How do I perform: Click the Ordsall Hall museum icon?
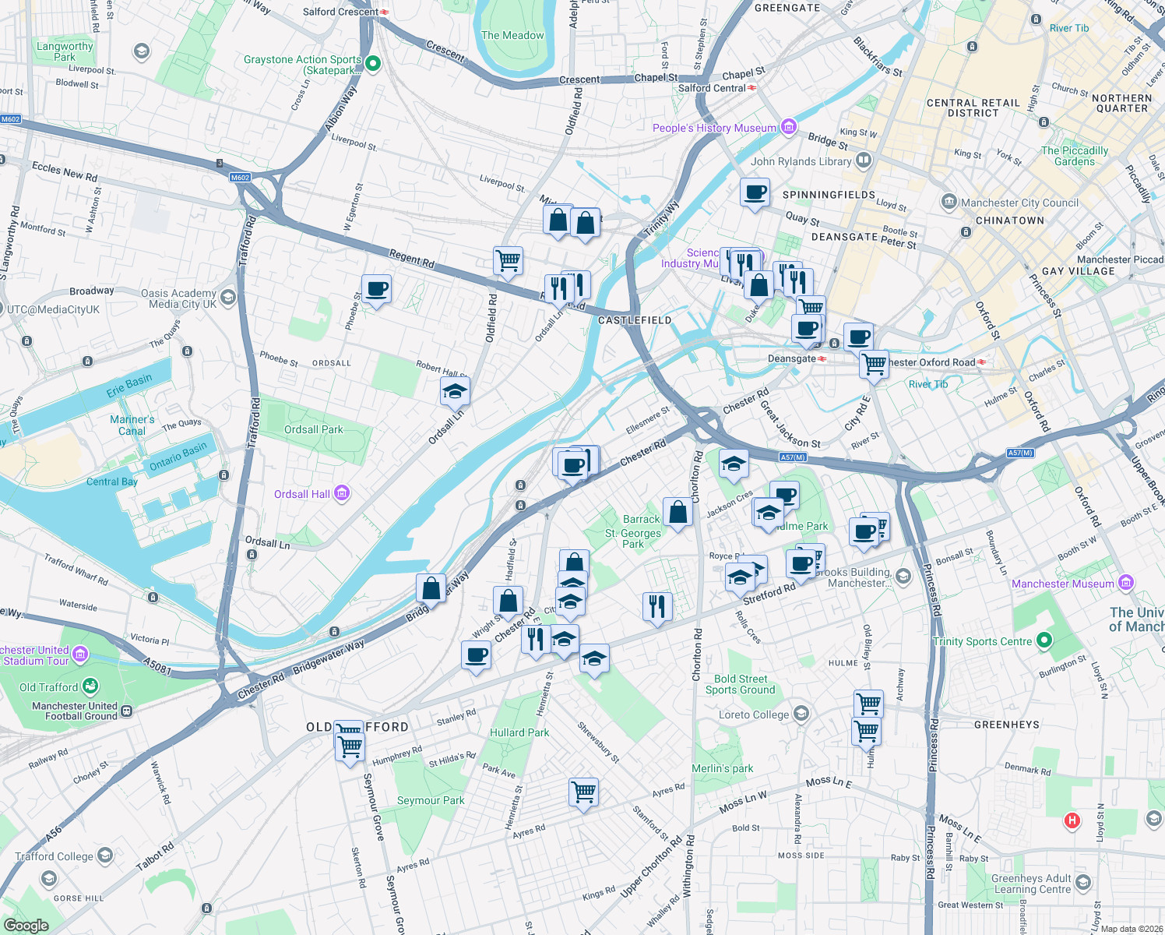point(342,493)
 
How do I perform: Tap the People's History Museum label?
point(714,128)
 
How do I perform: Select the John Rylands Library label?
point(801,161)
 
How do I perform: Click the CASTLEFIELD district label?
point(635,320)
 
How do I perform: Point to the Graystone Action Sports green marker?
point(373,63)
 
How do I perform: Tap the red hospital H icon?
point(1072,820)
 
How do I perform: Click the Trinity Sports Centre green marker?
point(1044,641)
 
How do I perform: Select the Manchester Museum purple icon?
point(1125,582)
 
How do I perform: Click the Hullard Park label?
point(519,732)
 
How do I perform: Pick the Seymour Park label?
point(431,800)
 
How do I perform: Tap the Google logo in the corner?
point(26,925)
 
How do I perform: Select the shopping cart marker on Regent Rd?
point(508,260)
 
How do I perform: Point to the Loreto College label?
point(753,714)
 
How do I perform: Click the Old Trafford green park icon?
point(90,686)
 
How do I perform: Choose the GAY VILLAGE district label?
point(1078,271)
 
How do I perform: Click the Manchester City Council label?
point(1019,203)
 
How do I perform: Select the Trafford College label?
point(54,856)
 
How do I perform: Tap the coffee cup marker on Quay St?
point(755,192)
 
